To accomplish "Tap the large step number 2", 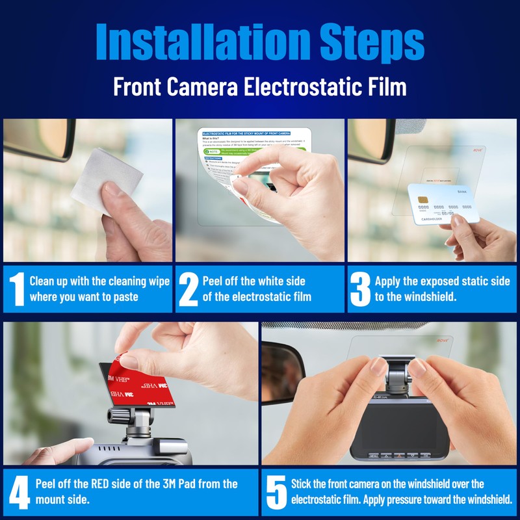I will tap(188, 289).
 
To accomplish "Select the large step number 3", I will tap(360, 289).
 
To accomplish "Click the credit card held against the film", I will tap(442, 203).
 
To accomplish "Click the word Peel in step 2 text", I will tap(214, 281).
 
